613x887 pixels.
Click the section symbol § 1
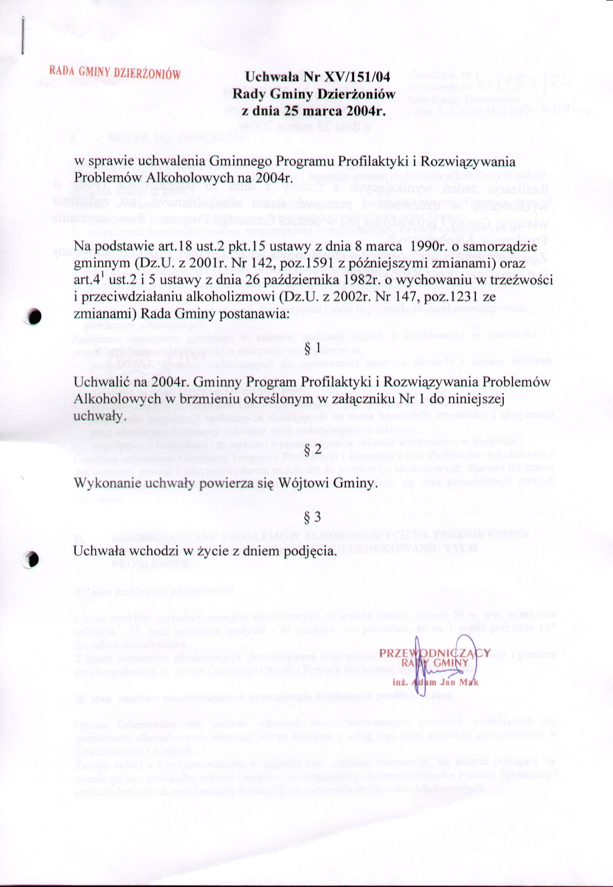tap(314, 348)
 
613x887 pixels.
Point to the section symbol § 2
tap(314, 450)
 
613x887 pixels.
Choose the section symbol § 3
tap(314, 517)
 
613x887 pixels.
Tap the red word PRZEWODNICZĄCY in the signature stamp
tap(435, 653)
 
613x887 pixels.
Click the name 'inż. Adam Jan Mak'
tap(435, 682)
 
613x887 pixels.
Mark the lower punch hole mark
tap(32, 559)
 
